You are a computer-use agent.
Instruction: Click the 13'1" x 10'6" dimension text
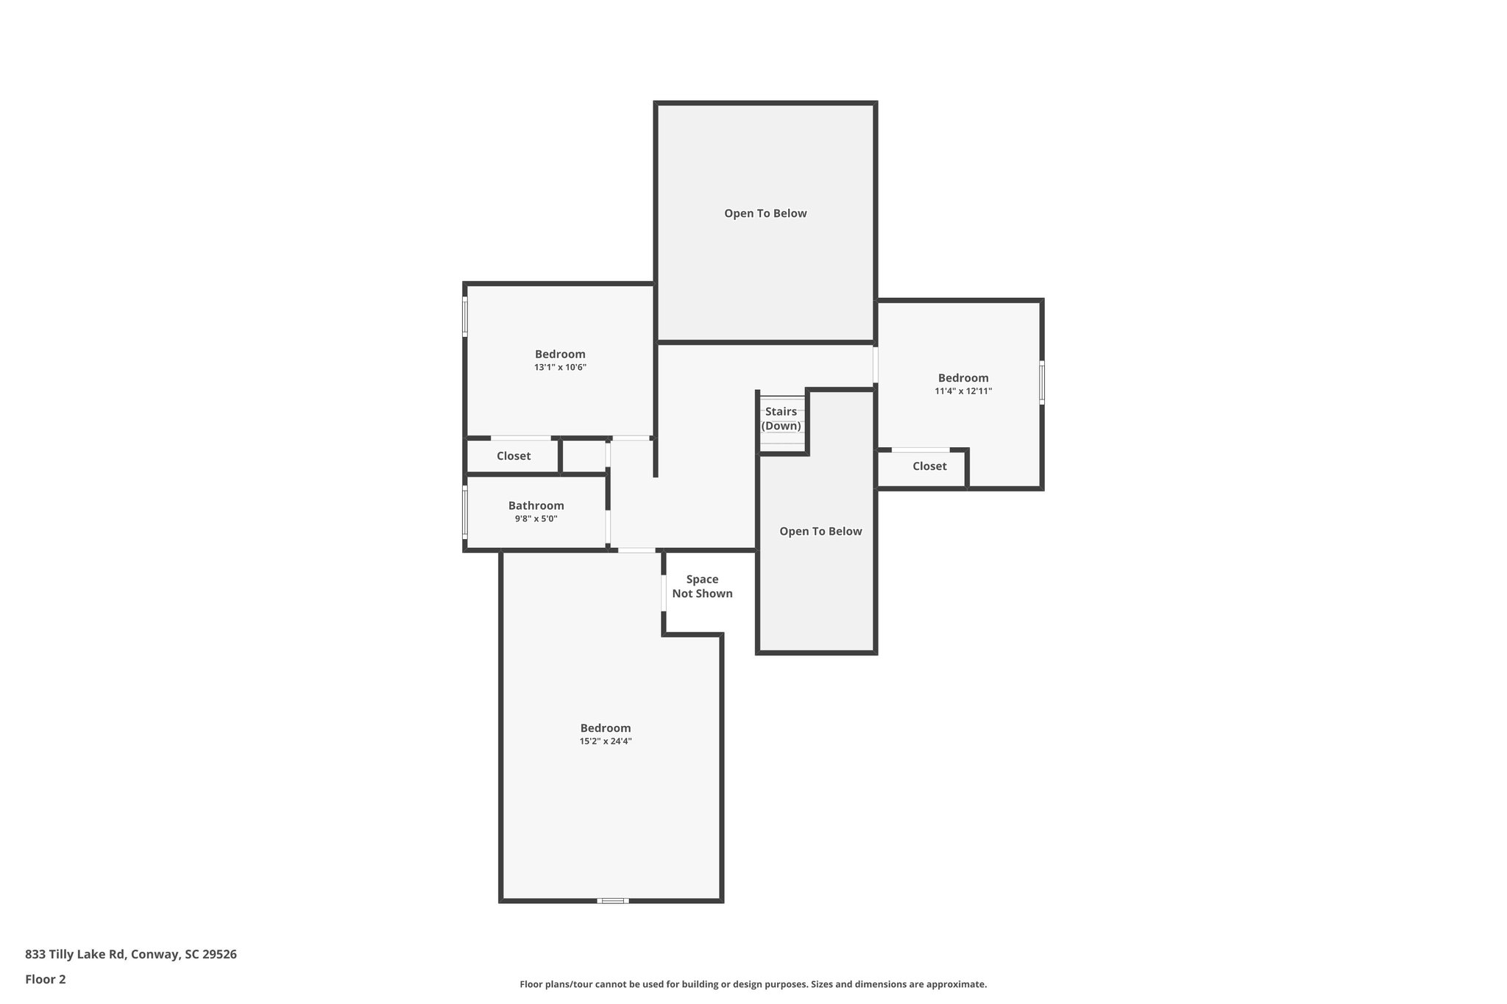pyautogui.click(x=560, y=367)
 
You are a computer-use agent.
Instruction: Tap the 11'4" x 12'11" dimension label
pyautogui.click(x=963, y=391)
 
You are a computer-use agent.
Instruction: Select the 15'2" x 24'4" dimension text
pyautogui.click(x=606, y=741)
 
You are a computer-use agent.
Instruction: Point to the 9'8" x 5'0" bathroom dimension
pyautogui.click(x=536, y=519)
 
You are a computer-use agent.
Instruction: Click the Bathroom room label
pyautogui.click(x=536, y=505)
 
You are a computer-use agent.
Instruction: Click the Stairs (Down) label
pyautogui.click(x=781, y=419)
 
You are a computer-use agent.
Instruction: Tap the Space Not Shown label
pyautogui.click(x=702, y=586)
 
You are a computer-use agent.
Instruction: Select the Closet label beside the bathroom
pyautogui.click(x=514, y=456)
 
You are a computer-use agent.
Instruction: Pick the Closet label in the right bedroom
pyautogui.click(x=929, y=466)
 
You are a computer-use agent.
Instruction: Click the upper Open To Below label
pyautogui.click(x=765, y=213)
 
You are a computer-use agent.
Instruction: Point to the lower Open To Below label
pyautogui.click(x=820, y=531)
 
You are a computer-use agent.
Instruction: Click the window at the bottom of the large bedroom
pyautogui.click(x=612, y=900)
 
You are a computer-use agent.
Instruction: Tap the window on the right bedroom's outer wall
pyautogui.click(x=1041, y=382)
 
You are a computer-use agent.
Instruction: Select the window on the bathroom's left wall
pyautogui.click(x=465, y=512)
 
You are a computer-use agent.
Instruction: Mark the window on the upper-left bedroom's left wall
pyautogui.click(x=465, y=316)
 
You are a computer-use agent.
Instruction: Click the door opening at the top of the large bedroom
pyautogui.click(x=637, y=550)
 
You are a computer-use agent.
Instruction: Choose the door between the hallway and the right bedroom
pyautogui.click(x=876, y=364)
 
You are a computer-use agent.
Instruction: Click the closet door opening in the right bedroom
pyautogui.click(x=920, y=449)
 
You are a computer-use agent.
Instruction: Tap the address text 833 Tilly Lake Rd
pyautogui.click(x=130, y=955)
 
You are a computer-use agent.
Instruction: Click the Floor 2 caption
pyautogui.click(x=46, y=979)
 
